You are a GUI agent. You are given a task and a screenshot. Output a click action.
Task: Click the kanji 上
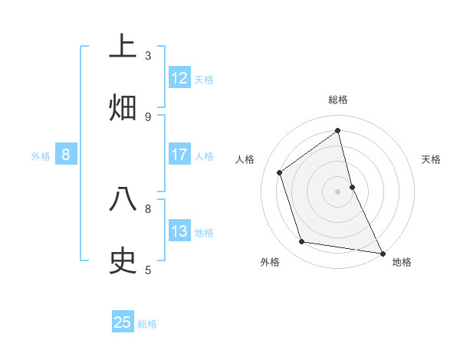click(123, 47)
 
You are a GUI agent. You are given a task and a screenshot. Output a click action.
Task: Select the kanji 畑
click(123, 108)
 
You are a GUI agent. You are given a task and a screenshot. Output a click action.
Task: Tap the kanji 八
click(123, 200)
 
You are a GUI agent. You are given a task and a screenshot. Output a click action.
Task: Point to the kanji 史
click(123, 261)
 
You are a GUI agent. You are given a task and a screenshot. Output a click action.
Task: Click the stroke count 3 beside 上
click(148, 55)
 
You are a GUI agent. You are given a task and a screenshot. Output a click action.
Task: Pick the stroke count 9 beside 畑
click(148, 116)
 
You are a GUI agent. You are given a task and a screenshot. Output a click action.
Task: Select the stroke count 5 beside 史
click(148, 270)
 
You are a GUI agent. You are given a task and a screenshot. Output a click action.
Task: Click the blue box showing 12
click(179, 78)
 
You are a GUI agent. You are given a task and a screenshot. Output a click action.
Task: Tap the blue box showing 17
click(179, 155)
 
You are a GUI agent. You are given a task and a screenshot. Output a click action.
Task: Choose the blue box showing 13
click(179, 231)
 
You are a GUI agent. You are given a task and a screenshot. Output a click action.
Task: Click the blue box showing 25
click(123, 322)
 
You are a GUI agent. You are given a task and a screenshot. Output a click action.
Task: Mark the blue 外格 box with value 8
click(66, 155)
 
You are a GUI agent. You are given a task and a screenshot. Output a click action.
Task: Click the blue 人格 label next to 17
click(204, 156)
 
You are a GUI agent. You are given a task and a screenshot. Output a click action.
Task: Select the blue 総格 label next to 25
click(147, 324)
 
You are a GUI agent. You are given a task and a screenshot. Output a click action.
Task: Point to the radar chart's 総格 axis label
click(338, 100)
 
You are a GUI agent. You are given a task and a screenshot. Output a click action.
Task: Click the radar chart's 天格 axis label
click(432, 159)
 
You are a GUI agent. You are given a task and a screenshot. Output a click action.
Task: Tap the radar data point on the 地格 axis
click(382, 253)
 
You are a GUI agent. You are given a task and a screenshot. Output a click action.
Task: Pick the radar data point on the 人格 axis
click(280, 172)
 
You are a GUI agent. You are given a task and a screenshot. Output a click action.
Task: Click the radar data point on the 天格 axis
click(352, 186)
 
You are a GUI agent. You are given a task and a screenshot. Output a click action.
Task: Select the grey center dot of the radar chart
click(338, 191)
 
